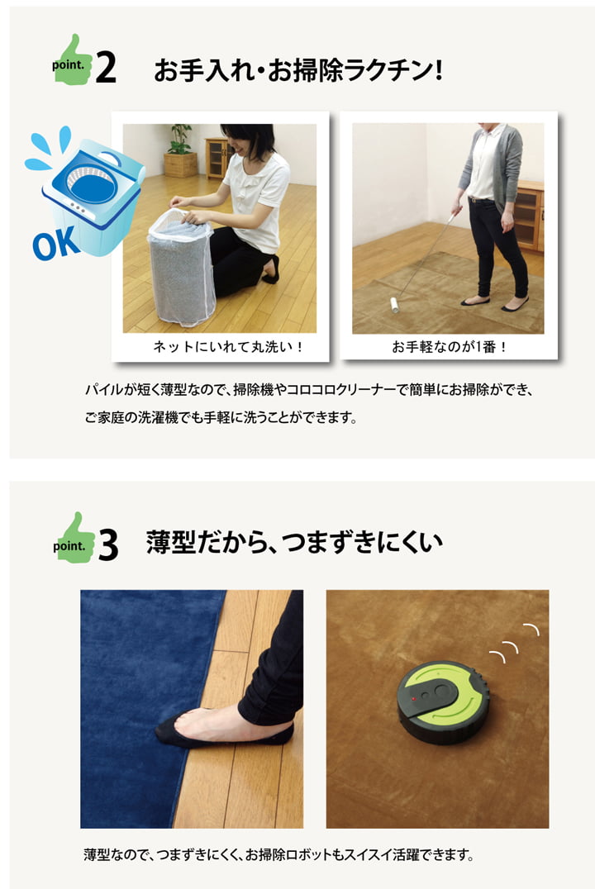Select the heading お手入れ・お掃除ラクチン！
pos(298,70)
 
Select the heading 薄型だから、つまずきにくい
pos(293,543)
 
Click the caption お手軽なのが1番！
pos(449,347)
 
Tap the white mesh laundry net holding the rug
pos(181,264)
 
